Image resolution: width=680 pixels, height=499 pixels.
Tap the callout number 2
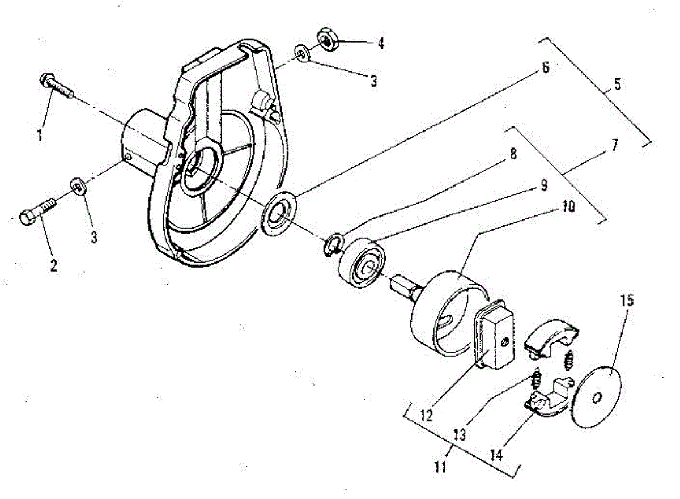point(54,265)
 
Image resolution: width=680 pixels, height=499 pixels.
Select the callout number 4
point(381,43)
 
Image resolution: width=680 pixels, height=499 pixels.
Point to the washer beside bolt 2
point(76,186)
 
